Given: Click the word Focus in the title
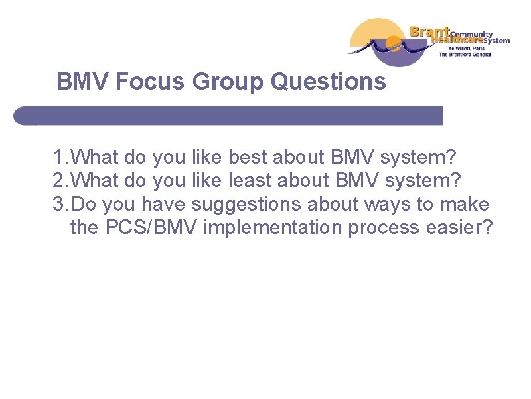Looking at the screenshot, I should (x=150, y=82).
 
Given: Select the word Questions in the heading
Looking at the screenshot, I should (x=329, y=82).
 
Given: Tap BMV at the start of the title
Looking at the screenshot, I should (x=83, y=82).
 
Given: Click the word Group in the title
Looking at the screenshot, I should (x=228, y=82).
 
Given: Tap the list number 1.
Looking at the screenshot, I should (x=58, y=158).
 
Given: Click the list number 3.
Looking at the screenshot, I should (x=58, y=204).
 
